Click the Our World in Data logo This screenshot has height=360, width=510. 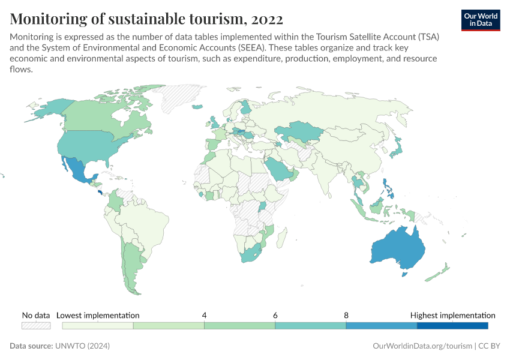pyautogui.click(x=480, y=19)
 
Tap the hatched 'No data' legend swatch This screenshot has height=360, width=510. pyautogui.click(x=35, y=325)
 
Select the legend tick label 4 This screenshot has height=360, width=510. pyautogui.click(x=204, y=315)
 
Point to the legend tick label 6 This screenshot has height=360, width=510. pyautogui.click(x=275, y=315)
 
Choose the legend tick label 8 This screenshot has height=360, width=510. pyautogui.click(x=346, y=315)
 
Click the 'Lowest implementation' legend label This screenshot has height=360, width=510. pyautogui.click(x=98, y=315)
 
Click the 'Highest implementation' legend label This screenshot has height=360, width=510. pyautogui.click(x=452, y=315)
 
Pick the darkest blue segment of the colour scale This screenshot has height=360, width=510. pyautogui.click(x=452, y=325)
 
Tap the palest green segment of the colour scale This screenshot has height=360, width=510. pyautogui.click(x=98, y=325)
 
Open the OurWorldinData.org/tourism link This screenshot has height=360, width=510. pyautogui.click(x=422, y=346)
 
